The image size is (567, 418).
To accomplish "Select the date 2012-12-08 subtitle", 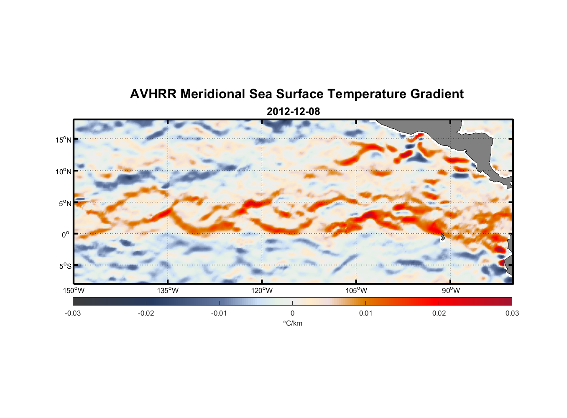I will (x=293, y=112).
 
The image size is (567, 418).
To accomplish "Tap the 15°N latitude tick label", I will (x=64, y=140).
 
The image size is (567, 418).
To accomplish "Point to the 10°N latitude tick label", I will (x=64, y=171).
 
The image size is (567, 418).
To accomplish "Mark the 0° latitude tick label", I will (x=66, y=235).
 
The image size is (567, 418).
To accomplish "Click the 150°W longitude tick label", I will (x=74, y=291).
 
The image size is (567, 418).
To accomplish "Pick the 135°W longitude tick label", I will (x=168, y=291).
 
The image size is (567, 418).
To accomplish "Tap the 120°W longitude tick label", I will (x=262, y=291).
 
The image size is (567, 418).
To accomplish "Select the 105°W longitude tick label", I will (x=356, y=291).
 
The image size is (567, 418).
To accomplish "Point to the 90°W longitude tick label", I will (x=450, y=291).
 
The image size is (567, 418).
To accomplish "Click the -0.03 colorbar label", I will (x=73, y=313).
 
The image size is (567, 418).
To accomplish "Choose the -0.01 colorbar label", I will (x=219, y=313).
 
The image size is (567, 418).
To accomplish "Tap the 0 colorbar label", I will (x=292, y=313).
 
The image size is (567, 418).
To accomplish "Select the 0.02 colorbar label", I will (x=439, y=313).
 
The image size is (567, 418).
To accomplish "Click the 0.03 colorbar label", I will (x=512, y=313).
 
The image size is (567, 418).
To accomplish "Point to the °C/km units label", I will (x=292, y=323).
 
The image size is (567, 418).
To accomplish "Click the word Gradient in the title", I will (x=437, y=94).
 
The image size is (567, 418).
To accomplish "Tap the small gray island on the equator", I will (x=443, y=237).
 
